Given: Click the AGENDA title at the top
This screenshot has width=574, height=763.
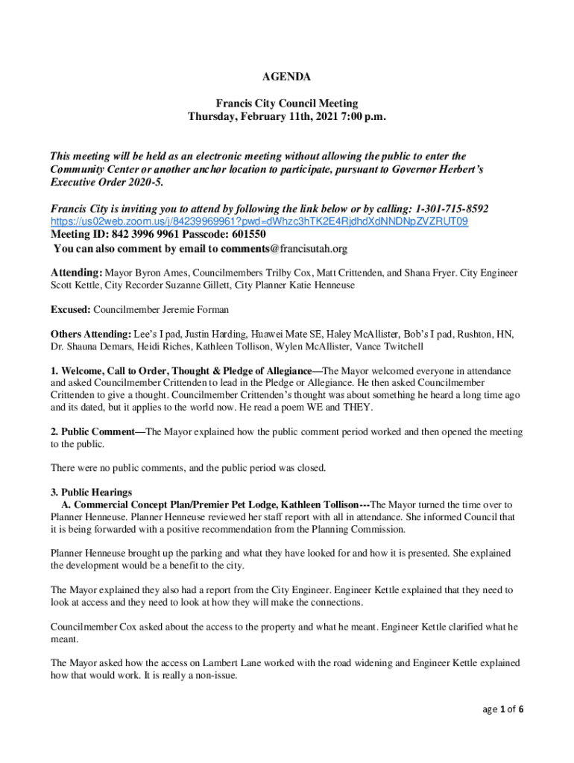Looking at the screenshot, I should coord(287,77).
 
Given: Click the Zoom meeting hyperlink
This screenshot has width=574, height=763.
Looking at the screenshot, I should coord(259,222).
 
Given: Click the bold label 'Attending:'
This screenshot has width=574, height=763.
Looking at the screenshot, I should coord(76,273).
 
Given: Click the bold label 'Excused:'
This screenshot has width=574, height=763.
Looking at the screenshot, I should coord(71,309).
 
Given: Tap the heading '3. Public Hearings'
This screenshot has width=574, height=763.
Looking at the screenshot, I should coord(91,493).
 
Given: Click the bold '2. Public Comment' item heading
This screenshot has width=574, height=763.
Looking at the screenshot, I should coord(97,431).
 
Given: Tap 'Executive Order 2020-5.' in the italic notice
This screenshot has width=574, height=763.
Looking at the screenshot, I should coord(105,183).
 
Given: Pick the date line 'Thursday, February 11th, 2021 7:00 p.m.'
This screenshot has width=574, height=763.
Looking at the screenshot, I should coord(287,117).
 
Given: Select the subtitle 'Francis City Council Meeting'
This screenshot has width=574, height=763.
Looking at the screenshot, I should coord(287,104).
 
